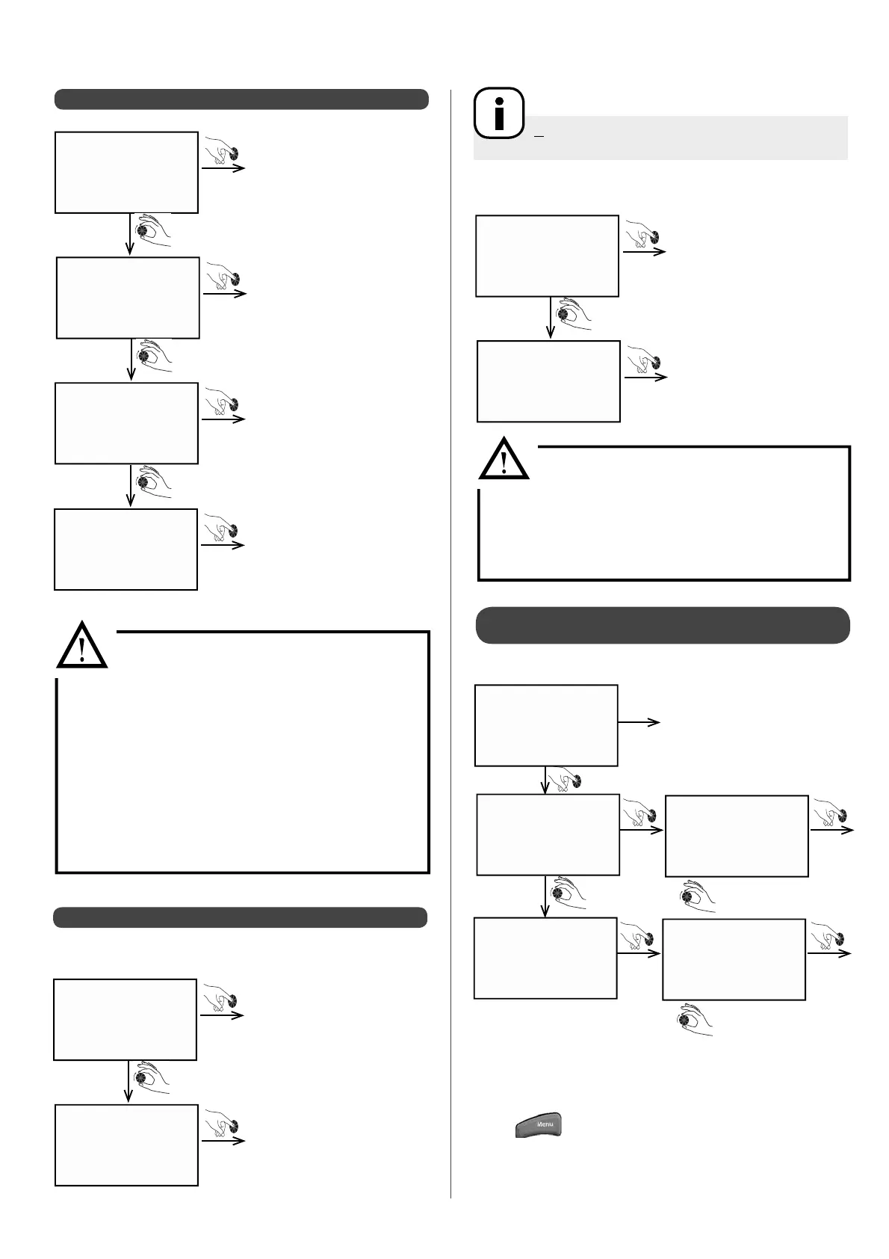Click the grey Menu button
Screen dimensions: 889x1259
point(538,1124)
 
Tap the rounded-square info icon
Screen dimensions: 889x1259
point(499,113)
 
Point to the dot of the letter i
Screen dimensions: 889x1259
point(499,101)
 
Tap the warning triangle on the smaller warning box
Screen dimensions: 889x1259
point(504,459)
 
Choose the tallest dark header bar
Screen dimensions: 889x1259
point(663,625)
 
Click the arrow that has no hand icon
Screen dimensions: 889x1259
point(640,722)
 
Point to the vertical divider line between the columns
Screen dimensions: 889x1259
point(451,643)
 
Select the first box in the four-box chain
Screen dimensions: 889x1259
point(126,173)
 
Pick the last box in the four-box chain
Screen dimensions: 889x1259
point(126,550)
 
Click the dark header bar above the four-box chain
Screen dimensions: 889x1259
point(241,99)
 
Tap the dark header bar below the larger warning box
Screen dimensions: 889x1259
point(240,917)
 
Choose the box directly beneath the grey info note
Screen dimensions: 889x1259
point(547,256)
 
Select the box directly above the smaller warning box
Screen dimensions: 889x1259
point(548,381)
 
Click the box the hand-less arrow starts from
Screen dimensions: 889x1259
point(546,725)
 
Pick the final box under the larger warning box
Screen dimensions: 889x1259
point(126,1145)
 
